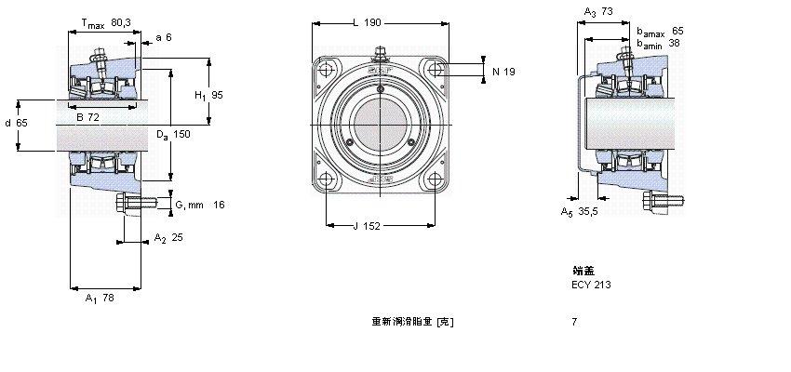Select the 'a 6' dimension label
(163, 37)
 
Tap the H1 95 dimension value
(208, 95)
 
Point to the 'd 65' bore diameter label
(16, 123)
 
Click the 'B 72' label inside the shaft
(88, 117)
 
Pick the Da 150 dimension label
(173, 135)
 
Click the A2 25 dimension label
(168, 237)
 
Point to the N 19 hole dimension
(503, 72)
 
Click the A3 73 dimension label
(597, 11)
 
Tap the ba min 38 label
(664, 43)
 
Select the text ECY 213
(592, 285)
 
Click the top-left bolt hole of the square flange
(326, 71)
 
